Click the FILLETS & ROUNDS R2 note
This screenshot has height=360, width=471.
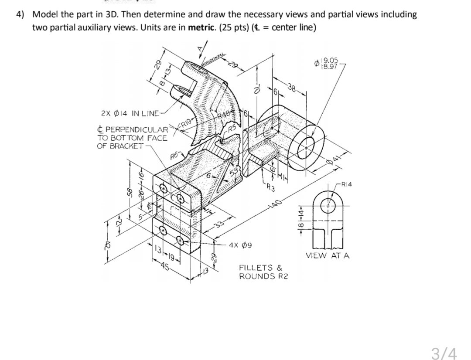point(261,272)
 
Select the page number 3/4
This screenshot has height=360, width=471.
point(444,353)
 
